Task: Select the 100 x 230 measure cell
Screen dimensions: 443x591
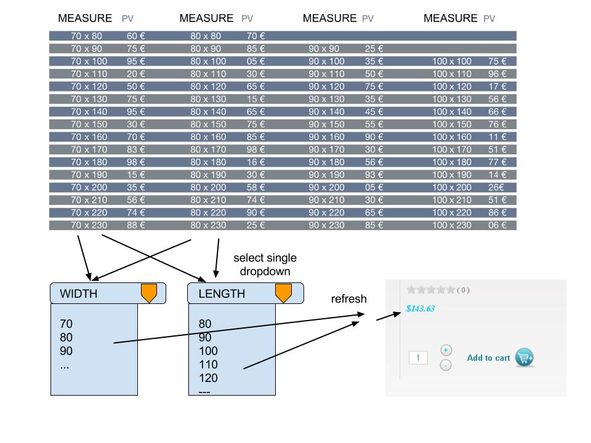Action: click(451, 225)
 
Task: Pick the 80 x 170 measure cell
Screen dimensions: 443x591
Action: click(208, 150)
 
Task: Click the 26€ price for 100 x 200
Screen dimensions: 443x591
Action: click(497, 188)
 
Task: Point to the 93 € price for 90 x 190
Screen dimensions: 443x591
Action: click(374, 175)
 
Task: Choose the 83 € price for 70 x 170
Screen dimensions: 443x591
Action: click(135, 150)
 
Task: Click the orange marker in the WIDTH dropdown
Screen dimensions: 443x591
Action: click(149, 293)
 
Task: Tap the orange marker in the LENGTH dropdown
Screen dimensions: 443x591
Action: click(283, 293)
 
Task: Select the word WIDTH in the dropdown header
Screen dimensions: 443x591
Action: click(78, 294)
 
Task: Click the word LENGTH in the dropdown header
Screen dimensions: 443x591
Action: click(222, 294)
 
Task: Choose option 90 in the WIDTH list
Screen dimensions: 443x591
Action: click(66, 351)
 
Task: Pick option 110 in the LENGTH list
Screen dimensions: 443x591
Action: click(208, 365)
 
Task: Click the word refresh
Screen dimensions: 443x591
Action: click(348, 300)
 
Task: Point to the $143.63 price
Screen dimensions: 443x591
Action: click(420, 309)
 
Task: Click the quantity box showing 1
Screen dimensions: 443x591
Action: click(418, 357)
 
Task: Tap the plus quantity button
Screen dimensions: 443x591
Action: click(446, 350)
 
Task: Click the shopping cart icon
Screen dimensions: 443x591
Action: click(525, 357)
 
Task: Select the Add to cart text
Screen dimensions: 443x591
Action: click(488, 358)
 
